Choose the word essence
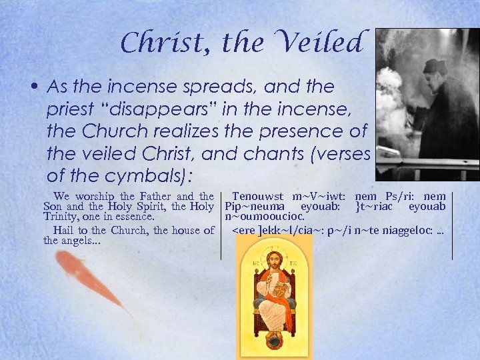pos(134,216)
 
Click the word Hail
pos(64,231)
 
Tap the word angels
pos(81,240)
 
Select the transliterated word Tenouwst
pos(256,196)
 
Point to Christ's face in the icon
pos(274,261)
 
